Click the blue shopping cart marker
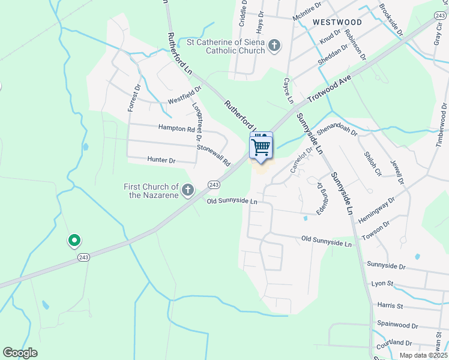coord(261,146)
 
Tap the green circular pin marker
coord(74,241)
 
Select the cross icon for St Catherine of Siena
coord(274,46)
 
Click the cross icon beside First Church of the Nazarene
coord(188,191)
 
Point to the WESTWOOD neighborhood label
coord(337,22)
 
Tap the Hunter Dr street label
coord(161,161)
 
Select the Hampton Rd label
coord(177,128)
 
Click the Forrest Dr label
coord(133,97)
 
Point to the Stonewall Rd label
coord(214,155)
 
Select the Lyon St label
coord(382,283)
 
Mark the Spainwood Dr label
coord(397,325)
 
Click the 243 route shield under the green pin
coord(83,257)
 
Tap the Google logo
coord(20,353)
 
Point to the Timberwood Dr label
coord(442,125)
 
